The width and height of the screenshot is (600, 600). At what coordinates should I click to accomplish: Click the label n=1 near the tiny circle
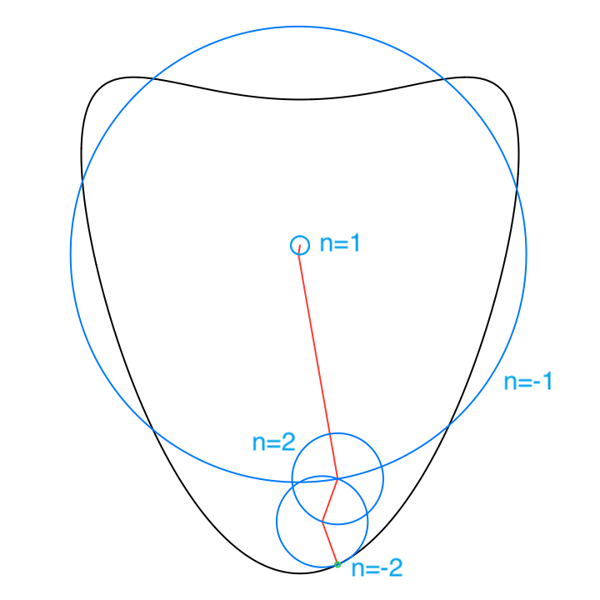tap(340, 243)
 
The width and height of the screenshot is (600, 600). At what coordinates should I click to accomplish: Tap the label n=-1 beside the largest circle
tap(528, 382)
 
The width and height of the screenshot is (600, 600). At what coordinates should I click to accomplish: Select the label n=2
tap(273, 442)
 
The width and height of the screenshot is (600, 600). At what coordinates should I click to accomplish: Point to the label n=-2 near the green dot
tap(377, 568)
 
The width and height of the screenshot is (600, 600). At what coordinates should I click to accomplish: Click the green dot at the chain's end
tap(337, 564)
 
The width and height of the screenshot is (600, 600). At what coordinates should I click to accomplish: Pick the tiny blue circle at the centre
tap(300, 245)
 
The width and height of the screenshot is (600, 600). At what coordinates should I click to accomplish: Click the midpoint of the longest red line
tap(318, 362)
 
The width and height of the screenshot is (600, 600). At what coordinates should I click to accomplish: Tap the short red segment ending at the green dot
tap(330, 543)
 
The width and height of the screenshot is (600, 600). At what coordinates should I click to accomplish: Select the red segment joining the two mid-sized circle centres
tap(330, 500)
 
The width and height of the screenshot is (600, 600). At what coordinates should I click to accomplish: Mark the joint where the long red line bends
tap(337, 478)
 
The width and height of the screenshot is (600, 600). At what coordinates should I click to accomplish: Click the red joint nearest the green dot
tap(322, 522)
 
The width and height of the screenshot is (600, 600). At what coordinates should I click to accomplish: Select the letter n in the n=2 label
tap(258, 442)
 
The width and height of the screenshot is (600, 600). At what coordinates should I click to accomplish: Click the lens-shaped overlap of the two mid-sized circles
tap(330, 500)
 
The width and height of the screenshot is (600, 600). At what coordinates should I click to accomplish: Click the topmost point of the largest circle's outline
tap(298, 27)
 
